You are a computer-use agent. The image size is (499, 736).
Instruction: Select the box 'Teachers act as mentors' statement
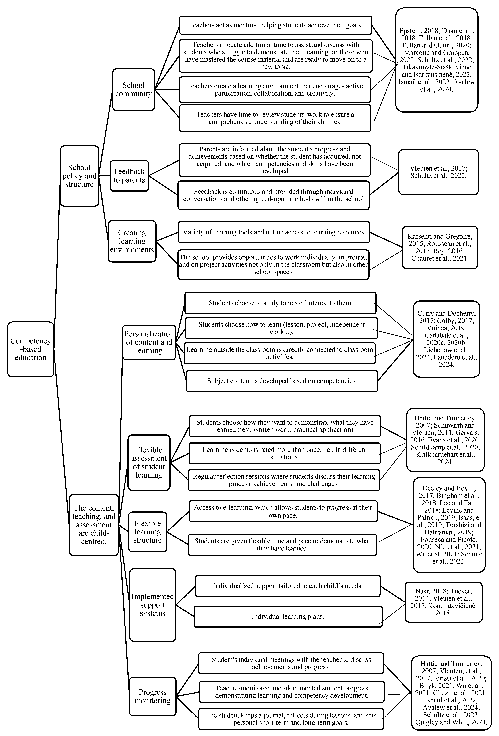[275, 25]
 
